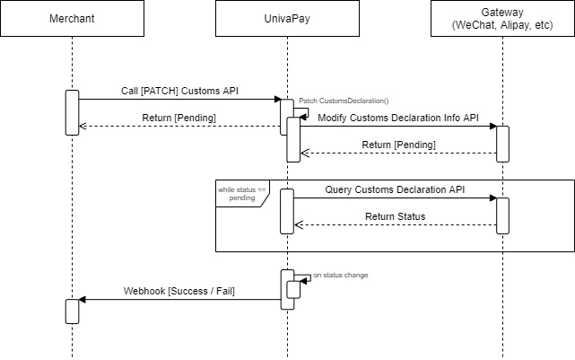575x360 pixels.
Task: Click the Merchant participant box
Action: [x=73, y=18]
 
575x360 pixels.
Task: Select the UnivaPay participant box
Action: [x=287, y=18]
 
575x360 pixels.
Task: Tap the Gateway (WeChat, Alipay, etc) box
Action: [x=502, y=18]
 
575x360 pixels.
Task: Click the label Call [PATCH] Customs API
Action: [x=179, y=91]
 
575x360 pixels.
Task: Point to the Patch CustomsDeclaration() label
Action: [x=344, y=101]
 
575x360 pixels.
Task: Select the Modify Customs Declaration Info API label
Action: [x=398, y=118]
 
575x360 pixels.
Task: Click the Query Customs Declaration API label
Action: [x=395, y=189]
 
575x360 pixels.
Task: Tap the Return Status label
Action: [x=396, y=216]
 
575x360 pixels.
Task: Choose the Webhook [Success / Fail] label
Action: [x=179, y=291]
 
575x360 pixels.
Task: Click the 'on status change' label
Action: [x=341, y=275]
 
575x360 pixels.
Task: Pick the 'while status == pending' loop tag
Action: [x=242, y=193]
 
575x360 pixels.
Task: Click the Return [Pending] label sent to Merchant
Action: [x=179, y=118]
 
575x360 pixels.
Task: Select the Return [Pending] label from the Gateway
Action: [x=398, y=145]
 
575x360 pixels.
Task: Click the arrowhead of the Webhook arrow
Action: [x=83, y=300]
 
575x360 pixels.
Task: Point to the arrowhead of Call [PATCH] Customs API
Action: [x=277, y=99]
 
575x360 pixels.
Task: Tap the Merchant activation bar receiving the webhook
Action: [x=73, y=312]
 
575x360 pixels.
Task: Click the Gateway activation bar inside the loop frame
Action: [x=502, y=215]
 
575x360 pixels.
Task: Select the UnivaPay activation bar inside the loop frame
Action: [x=287, y=211]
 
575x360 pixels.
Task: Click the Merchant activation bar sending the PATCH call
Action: [x=73, y=112]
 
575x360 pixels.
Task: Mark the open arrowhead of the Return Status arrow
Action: [x=298, y=225]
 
